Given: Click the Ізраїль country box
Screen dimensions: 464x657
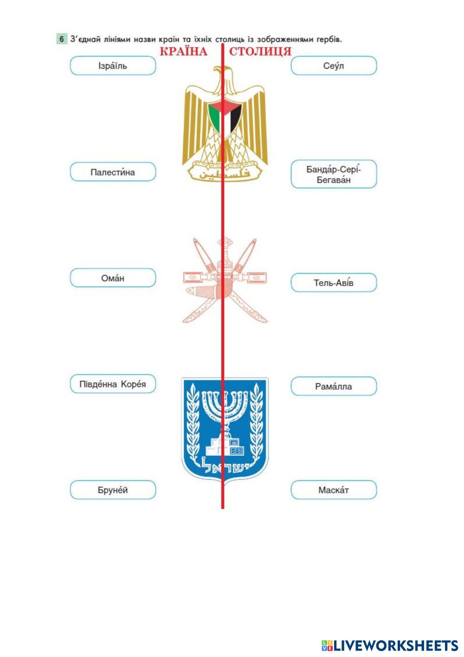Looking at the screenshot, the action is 113,66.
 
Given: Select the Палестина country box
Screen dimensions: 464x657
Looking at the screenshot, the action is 113,172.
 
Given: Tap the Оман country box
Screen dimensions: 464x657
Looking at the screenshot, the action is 113,278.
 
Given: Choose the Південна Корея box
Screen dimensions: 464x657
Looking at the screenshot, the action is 113,384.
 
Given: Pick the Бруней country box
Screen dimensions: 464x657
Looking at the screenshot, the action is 113,490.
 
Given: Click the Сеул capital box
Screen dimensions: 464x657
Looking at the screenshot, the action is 334,66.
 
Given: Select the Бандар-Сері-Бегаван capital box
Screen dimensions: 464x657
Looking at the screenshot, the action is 334,174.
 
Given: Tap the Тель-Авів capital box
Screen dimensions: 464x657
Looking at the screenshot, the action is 334,283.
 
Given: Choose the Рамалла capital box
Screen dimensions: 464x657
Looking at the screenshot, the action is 334,386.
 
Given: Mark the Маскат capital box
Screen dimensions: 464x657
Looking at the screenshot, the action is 334,490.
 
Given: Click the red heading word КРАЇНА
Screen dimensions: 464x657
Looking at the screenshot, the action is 183,51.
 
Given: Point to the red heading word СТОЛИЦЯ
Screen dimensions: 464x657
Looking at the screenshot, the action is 260,51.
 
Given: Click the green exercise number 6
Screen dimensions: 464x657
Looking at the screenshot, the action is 61,39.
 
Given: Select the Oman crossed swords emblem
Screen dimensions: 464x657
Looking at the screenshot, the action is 225,281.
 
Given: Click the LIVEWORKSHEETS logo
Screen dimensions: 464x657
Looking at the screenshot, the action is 390,645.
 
